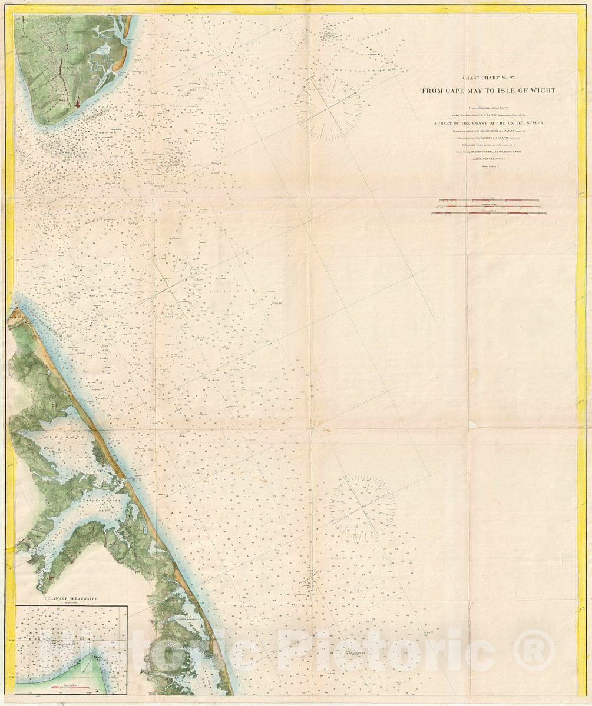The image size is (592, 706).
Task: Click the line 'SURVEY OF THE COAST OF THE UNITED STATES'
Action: pos(488,123)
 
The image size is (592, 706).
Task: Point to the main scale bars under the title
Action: pos(488,207)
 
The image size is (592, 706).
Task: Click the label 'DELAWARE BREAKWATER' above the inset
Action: pos(70,598)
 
